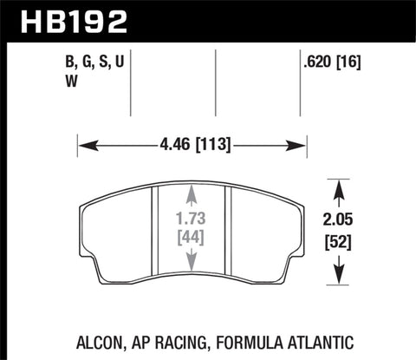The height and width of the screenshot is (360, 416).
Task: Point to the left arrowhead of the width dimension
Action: [x=84, y=146]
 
